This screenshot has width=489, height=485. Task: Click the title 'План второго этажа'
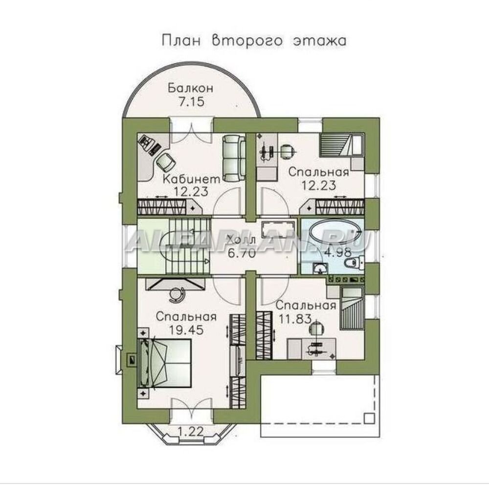(x=254, y=41)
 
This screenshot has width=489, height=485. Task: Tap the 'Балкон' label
(x=191, y=88)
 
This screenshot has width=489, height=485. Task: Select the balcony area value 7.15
(x=192, y=102)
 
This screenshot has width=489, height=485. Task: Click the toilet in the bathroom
(x=354, y=262)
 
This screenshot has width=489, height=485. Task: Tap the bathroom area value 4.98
(x=338, y=252)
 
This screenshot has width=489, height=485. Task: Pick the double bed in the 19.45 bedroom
(x=165, y=364)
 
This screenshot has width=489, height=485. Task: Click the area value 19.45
(x=186, y=330)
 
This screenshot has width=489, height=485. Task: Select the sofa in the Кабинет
(x=234, y=158)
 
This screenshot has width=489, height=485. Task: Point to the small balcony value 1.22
(x=191, y=432)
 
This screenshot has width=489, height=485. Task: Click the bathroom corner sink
(x=320, y=268)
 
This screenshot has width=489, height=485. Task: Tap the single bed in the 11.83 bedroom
(x=352, y=308)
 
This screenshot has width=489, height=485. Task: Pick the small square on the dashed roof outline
(x=370, y=418)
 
